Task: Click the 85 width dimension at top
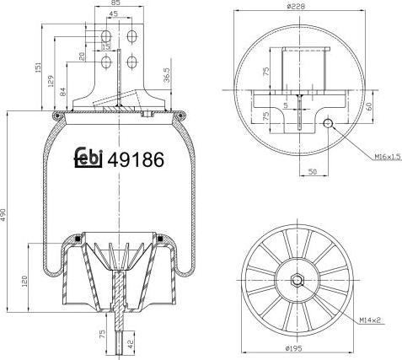coord(116,4)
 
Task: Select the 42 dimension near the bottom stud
coord(131,345)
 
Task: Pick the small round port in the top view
coord(326,126)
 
